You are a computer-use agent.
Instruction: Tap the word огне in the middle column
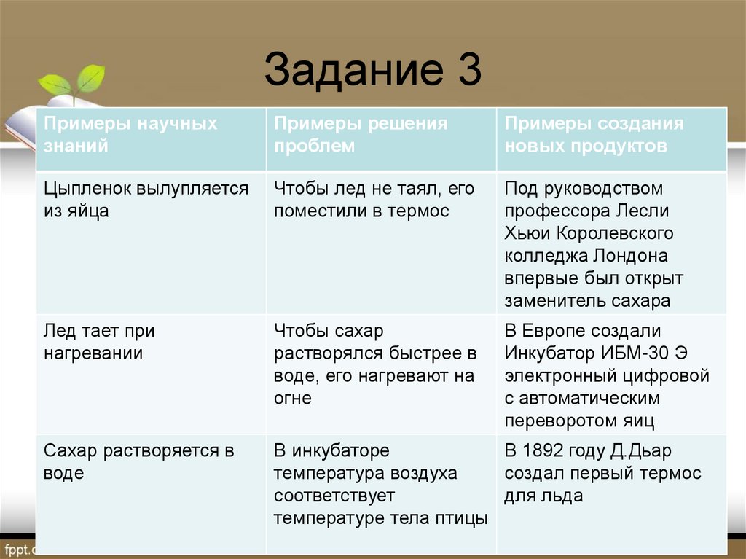(293, 399)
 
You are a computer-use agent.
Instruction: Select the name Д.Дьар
(648, 450)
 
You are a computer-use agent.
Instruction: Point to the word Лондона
(630, 256)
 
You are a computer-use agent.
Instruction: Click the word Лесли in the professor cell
(643, 211)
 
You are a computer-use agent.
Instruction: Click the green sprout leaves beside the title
(73, 80)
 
